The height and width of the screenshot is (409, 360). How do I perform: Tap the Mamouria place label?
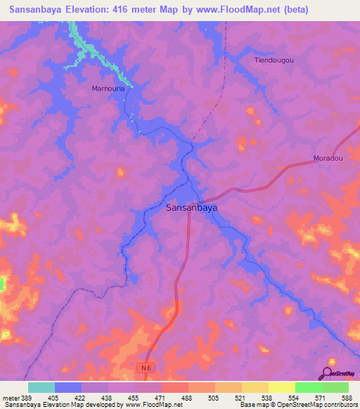[108, 89]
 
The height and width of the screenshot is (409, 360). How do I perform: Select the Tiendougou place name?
[274, 60]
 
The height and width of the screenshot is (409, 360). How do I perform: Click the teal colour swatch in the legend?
[41, 387]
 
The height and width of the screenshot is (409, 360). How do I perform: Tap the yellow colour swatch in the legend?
[281, 387]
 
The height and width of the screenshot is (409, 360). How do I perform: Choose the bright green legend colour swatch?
[308, 387]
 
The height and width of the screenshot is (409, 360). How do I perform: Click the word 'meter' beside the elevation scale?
[8, 398]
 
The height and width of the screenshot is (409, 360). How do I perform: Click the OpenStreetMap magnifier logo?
[327, 373]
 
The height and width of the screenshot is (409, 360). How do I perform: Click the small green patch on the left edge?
[2, 284]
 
